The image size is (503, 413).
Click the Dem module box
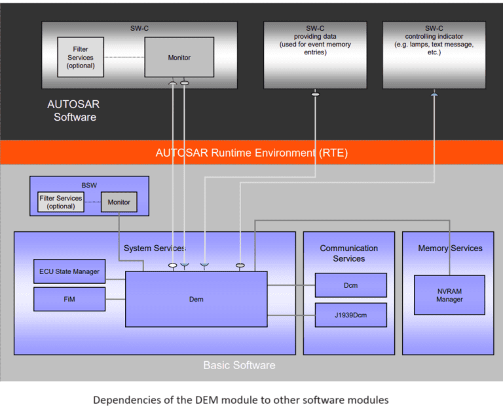point(196,299)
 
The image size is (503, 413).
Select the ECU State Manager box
point(69,271)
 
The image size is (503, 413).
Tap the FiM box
point(69,299)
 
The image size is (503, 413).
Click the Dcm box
point(350,285)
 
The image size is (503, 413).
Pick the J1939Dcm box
point(350,315)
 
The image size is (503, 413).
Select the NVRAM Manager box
point(449,295)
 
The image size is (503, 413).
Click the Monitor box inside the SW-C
point(179,58)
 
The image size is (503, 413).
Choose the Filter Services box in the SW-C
point(81,57)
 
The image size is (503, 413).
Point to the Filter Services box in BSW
point(61,202)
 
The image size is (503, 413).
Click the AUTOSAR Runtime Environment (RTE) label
point(251,153)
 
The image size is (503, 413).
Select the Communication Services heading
point(348,253)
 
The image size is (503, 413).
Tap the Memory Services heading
point(450,248)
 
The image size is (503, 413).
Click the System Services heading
point(155,248)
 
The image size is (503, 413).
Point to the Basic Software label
point(239,365)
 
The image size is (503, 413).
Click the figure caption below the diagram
point(241,399)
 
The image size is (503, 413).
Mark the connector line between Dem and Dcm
point(291,285)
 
